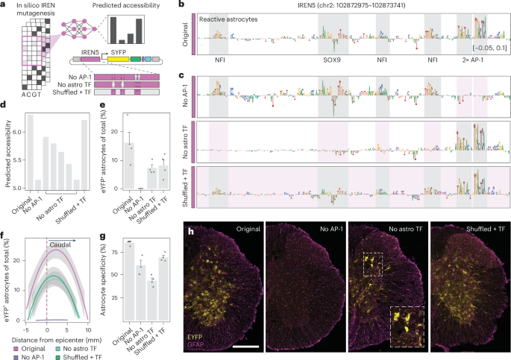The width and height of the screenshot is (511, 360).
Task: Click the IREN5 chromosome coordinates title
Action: point(348,6)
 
